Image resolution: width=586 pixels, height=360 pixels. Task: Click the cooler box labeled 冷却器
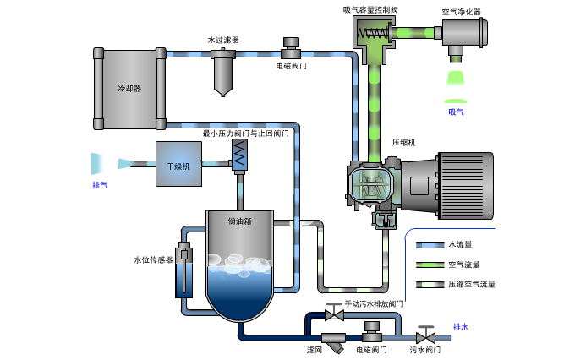[x=129, y=87]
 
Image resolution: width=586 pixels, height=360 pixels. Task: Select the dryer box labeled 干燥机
[x=178, y=164]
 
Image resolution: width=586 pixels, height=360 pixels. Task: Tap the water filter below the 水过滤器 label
[x=223, y=71]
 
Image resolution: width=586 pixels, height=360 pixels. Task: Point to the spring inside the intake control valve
[x=373, y=34]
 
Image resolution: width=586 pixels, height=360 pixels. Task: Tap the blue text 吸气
[x=456, y=111]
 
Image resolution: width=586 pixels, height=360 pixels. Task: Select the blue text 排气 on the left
[x=100, y=184]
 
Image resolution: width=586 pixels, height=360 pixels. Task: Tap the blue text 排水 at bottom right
[x=460, y=327]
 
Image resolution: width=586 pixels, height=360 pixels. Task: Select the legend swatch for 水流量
[x=430, y=244]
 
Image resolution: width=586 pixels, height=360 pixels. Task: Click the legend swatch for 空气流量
[x=430, y=265]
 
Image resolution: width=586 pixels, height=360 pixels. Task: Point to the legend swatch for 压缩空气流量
[x=430, y=285]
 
